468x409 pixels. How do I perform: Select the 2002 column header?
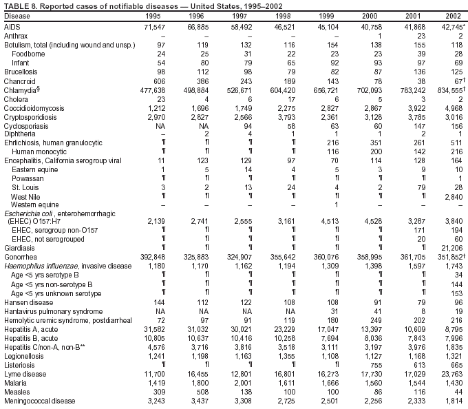pyautogui.click(x=451, y=15)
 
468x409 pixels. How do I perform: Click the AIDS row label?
pyautogui.click(x=12, y=25)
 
